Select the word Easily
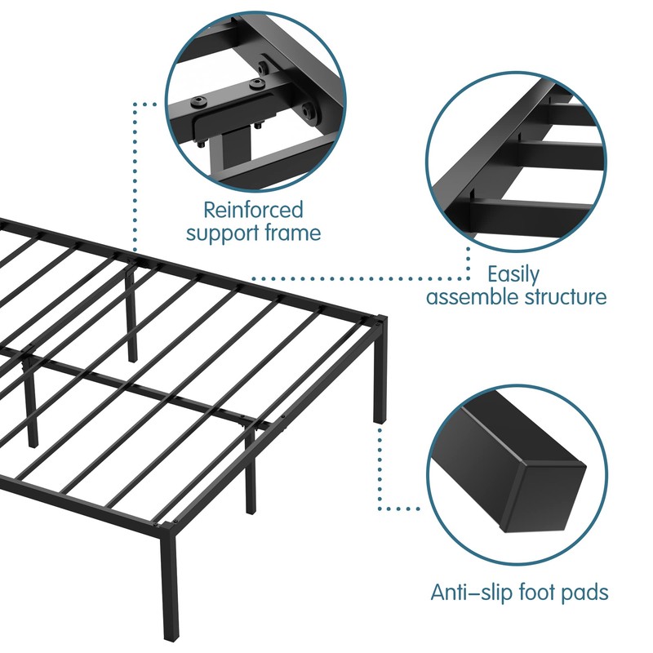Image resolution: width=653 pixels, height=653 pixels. (x=513, y=274)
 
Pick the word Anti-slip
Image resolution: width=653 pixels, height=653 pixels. (x=468, y=592)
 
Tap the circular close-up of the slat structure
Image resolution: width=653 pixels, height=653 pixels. (x=517, y=152)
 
